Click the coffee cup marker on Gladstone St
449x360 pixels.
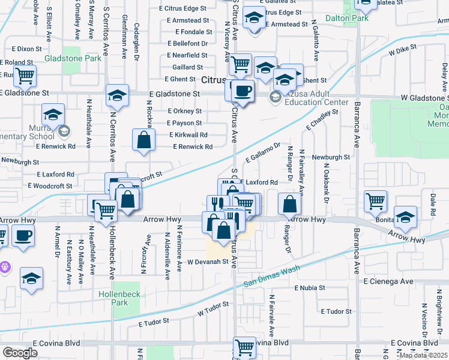click(243, 91)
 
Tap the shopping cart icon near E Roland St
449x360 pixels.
click(25, 76)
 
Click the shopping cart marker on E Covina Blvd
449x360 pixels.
click(245, 346)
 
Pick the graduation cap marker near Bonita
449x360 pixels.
click(405, 217)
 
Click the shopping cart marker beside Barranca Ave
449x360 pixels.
click(376, 201)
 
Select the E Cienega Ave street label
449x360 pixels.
click(388, 281)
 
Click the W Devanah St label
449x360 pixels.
click(208, 262)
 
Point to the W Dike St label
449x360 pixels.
click(403, 53)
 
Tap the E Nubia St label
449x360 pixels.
click(309, 288)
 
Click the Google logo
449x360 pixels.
click(20, 352)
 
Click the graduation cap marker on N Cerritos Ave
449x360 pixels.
click(117, 95)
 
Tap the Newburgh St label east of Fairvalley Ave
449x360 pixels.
click(331, 157)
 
